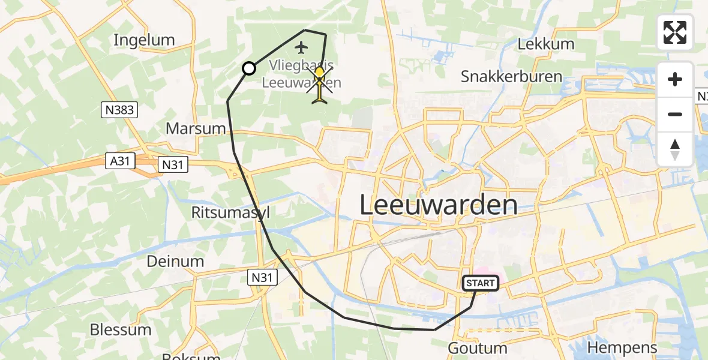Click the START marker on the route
(481, 283)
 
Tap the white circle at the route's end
(248, 69)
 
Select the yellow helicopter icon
(320, 85)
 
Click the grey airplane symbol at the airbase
(301, 46)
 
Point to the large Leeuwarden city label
(439, 205)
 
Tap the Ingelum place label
(144, 40)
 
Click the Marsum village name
(196, 128)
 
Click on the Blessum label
(121, 329)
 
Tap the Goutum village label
(478, 348)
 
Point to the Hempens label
(622, 347)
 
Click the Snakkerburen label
(511, 76)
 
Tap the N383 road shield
(119, 110)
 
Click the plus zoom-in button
(675, 79)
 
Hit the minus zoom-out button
(675, 114)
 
